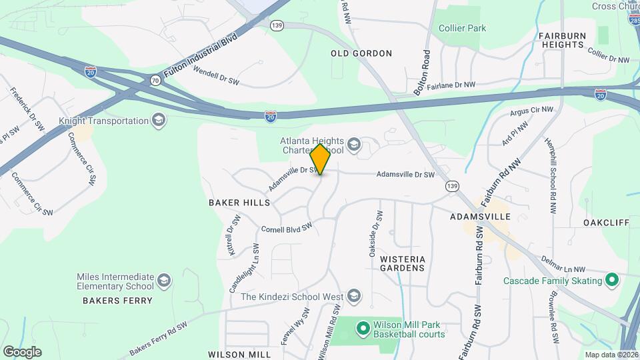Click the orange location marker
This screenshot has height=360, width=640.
[321, 159]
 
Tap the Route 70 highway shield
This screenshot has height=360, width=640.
[155, 80]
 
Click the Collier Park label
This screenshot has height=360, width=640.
[462, 28]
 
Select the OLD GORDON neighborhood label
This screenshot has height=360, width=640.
[361, 53]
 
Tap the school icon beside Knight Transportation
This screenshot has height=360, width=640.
[159, 121]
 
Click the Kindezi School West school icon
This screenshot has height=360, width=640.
[354, 296]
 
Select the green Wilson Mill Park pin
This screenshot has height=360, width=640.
[363, 327]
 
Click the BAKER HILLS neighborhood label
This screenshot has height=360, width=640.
[239, 202]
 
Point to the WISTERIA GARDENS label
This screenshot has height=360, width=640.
[402, 263]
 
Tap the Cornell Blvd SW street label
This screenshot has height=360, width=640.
[287, 228]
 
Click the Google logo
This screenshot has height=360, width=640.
[22, 351]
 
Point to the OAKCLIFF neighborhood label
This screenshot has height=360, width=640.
[606, 222]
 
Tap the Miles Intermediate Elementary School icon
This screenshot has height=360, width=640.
[165, 281]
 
